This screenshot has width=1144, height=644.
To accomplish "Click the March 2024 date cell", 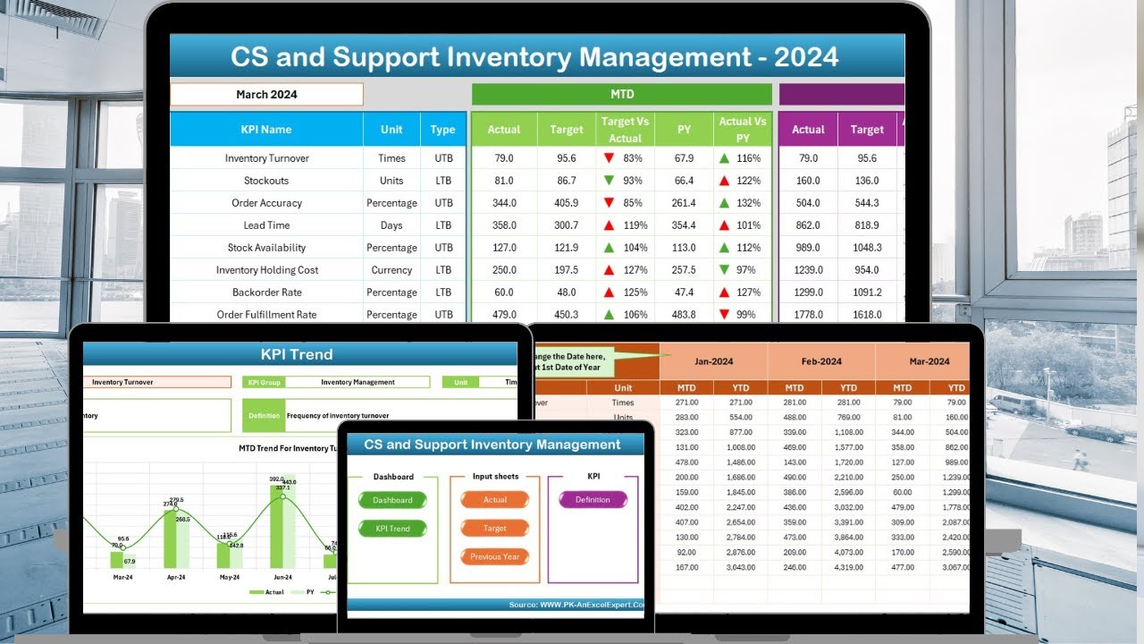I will coord(266,95).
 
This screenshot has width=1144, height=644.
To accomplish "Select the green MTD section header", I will coord(621,95).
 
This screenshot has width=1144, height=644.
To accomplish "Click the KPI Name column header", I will coord(266,130).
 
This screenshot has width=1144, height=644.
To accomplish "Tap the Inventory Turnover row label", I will coord(266,158).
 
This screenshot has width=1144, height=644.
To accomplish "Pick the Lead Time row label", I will coord(266,225).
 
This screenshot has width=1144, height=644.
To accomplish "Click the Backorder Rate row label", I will coord(266,292).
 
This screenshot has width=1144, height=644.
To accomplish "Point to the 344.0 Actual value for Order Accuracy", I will coord(503,203).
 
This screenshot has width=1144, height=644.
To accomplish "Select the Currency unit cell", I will coord(391,270).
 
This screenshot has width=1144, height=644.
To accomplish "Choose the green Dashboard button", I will coord(392,500).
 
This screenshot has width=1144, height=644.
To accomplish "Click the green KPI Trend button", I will coord(392,529).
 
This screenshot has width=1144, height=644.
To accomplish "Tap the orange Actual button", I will coord(495,500).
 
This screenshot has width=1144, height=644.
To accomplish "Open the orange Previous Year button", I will coord(495,556).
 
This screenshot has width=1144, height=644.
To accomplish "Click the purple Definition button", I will coord(593,500).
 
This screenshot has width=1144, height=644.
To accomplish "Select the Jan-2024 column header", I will coord(713,361).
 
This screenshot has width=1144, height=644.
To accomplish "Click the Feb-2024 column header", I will coord(821,361).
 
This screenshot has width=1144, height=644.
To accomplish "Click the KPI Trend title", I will coord(297,354).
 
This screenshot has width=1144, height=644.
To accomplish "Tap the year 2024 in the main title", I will coord(806,57).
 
